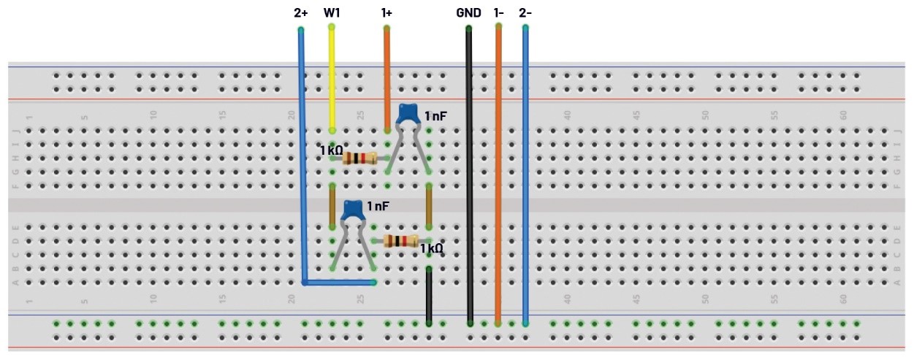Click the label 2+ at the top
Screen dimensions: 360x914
pos(300,12)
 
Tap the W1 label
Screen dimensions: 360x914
pos(332,12)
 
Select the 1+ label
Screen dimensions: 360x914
pos(386,12)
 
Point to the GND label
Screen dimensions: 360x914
pos(468,12)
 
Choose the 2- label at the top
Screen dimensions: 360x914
pos(525,12)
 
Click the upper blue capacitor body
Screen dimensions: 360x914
pos(407,114)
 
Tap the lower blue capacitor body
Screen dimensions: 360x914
pos(354,210)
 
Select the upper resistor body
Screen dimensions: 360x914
pos(359,158)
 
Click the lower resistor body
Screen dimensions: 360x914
pos(400,241)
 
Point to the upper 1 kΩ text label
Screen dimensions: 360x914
pos(330,150)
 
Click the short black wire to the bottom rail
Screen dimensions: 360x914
pos(429,295)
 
